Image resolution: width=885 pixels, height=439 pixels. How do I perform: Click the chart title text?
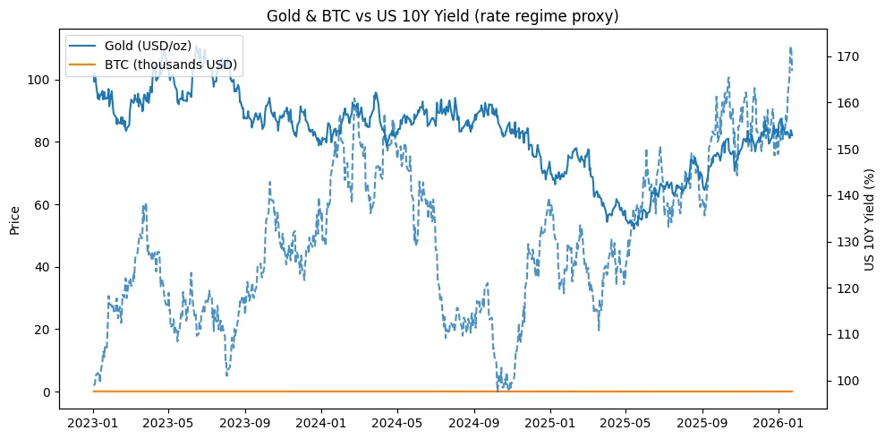tap(442, 15)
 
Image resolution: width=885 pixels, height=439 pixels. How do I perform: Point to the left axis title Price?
tap(15, 219)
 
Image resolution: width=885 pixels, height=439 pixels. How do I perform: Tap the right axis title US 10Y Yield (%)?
tap(870, 219)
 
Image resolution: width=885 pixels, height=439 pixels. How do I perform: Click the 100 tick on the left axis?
tap(43, 80)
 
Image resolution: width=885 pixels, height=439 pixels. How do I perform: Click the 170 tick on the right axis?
tap(846, 56)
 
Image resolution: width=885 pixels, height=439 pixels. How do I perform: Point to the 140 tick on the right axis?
tap(846, 195)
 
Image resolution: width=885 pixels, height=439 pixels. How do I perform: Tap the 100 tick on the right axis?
tap(846, 381)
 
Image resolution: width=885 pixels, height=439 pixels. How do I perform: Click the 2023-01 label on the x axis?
tap(93, 419)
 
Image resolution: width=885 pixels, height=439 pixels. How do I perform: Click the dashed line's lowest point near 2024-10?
tap(498, 390)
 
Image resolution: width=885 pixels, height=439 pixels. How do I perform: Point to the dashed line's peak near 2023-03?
tap(144, 204)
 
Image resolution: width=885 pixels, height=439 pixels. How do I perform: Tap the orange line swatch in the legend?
tap(90, 64)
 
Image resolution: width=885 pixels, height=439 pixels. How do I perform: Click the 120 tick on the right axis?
tap(846, 288)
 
